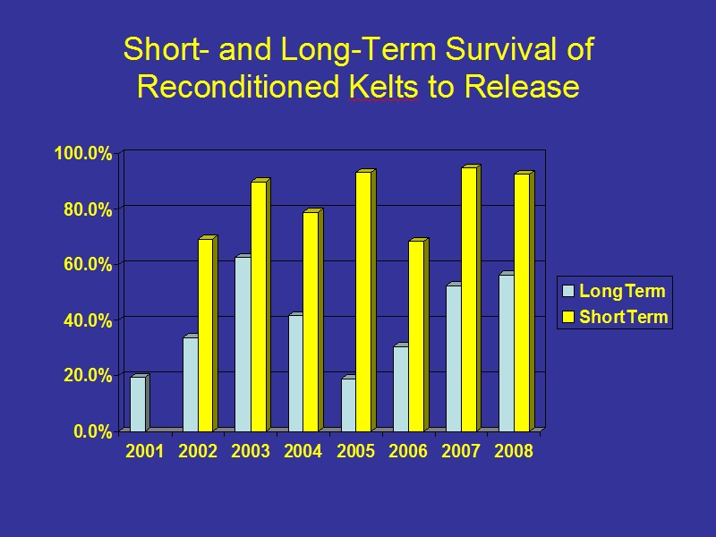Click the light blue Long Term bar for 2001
point(138,404)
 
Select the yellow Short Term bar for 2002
point(206,335)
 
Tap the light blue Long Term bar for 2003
point(243,344)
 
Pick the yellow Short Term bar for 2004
point(311,321)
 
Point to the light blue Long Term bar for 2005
point(348,405)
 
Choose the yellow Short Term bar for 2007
point(469,299)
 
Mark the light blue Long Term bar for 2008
point(507,353)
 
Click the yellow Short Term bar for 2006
point(416,336)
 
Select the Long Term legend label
point(622,291)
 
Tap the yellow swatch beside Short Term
point(567,317)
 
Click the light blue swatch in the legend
point(567,292)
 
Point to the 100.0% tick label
point(83,153)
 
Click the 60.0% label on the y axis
point(88,264)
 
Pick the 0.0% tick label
point(93,431)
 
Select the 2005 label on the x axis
point(355,451)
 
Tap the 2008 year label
point(514,451)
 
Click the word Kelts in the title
point(383,86)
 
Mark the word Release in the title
point(522,86)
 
